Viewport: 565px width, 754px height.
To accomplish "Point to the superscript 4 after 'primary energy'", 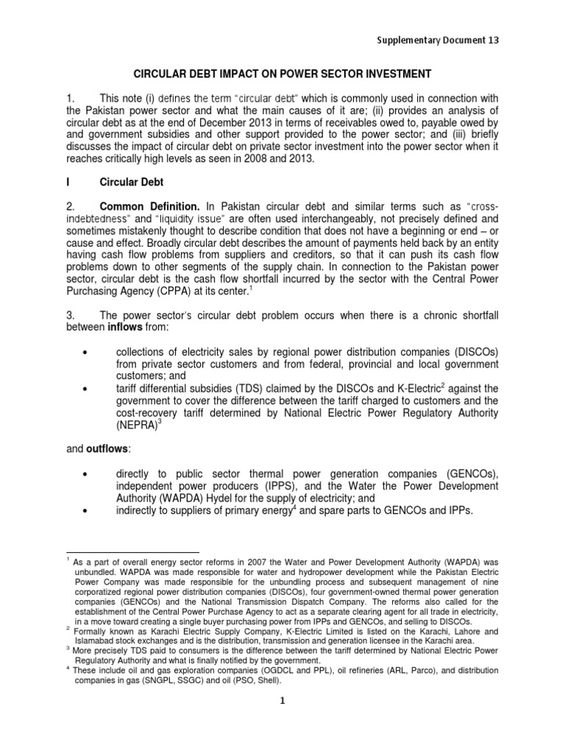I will point(294,508).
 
